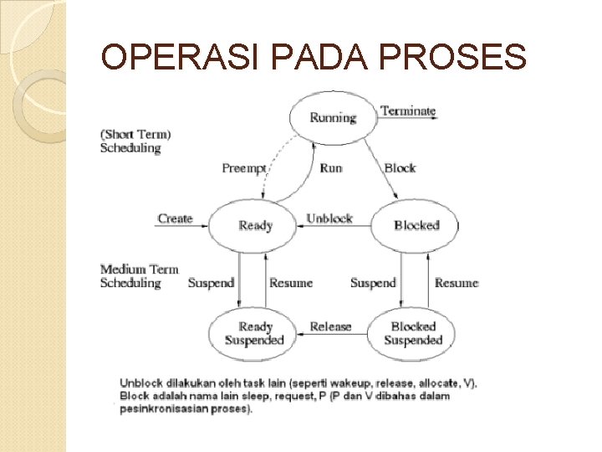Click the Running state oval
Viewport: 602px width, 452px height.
click(333, 117)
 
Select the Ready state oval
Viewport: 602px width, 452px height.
click(254, 224)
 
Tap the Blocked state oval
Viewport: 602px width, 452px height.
click(416, 224)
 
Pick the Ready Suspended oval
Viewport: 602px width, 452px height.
click(254, 333)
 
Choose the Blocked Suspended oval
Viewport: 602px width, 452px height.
click(413, 333)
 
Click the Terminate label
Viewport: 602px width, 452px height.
click(408, 110)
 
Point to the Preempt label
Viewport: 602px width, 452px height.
click(243, 168)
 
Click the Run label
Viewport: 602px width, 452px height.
click(331, 168)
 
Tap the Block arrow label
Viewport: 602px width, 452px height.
click(400, 168)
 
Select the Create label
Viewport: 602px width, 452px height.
click(175, 218)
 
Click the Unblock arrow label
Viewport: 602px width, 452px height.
click(329, 218)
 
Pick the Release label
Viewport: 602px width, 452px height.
click(330, 326)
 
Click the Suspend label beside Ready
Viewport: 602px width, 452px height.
click(211, 283)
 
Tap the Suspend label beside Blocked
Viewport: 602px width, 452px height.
click(373, 283)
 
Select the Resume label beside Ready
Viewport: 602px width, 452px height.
click(291, 283)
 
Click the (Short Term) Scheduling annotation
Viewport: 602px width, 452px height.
click(135, 141)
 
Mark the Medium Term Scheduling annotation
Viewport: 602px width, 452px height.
click(139, 276)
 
